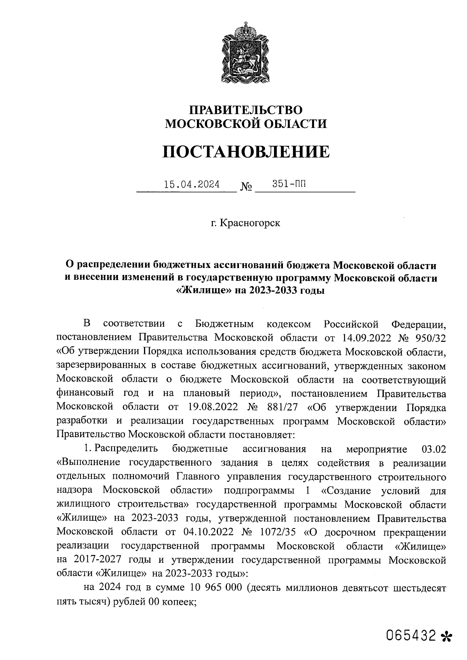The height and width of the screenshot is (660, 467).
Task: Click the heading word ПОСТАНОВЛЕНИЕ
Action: pyautogui.click(x=246, y=151)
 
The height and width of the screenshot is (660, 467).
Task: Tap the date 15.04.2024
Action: pyautogui.click(x=191, y=184)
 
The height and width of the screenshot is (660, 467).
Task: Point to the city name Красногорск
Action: pyautogui.click(x=250, y=224)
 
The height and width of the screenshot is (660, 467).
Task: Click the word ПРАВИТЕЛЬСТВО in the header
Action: pyautogui.click(x=246, y=110)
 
